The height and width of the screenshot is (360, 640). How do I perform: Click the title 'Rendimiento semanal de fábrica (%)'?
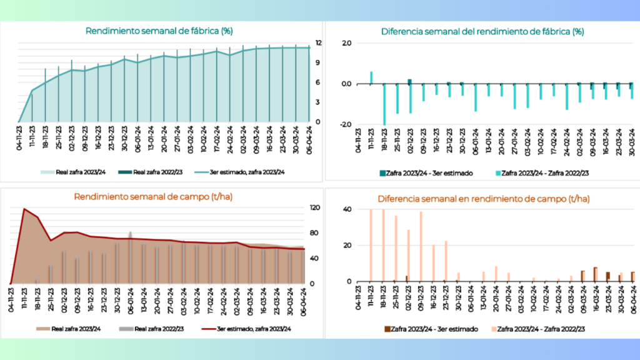(x=159, y=31)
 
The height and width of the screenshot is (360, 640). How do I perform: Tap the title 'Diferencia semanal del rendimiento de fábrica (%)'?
(x=482, y=32)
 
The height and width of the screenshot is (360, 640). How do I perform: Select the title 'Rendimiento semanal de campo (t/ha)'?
(x=153, y=197)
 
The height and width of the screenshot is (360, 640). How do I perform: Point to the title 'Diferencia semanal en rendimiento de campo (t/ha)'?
(x=483, y=199)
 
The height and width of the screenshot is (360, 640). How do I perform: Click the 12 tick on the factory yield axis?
(x=318, y=43)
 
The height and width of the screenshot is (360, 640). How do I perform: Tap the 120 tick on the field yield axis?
(x=315, y=207)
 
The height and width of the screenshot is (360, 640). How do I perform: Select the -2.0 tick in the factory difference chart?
(x=345, y=124)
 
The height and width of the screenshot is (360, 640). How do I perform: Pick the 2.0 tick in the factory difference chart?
(x=346, y=43)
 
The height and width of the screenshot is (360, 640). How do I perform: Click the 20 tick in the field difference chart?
(x=347, y=245)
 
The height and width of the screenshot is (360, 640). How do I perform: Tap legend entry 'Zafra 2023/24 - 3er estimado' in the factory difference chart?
(x=426, y=174)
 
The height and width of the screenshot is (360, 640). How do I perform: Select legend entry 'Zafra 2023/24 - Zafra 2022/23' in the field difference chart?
(x=538, y=329)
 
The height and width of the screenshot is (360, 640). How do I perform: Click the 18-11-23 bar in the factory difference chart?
(x=384, y=104)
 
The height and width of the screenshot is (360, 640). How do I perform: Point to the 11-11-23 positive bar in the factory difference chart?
(x=371, y=78)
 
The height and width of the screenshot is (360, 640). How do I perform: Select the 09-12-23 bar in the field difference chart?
(x=421, y=246)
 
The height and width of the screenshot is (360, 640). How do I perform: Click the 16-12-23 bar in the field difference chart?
(x=434, y=263)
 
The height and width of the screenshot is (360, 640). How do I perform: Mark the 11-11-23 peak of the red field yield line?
(x=24, y=209)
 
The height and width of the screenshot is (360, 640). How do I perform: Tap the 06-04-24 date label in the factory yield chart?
(x=309, y=139)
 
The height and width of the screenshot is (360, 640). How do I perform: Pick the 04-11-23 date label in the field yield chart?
(x=11, y=301)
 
